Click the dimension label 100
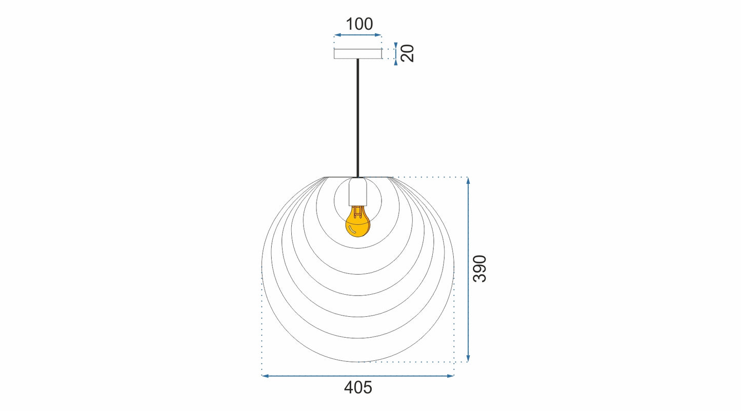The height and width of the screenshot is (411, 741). click(x=359, y=24)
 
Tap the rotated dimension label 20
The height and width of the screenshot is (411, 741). click(x=407, y=53)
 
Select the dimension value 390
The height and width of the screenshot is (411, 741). click(x=479, y=268)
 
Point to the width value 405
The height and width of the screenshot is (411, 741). click(x=358, y=388)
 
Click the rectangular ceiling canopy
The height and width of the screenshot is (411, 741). click(x=358, y=54)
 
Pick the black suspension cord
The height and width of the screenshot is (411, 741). click(x=358, y=118)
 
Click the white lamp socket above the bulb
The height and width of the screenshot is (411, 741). click(x=358, y=192)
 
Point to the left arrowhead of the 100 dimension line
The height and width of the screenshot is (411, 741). click(x=337, y=35)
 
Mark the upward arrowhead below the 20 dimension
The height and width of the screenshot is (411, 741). click(x=396, y=62)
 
